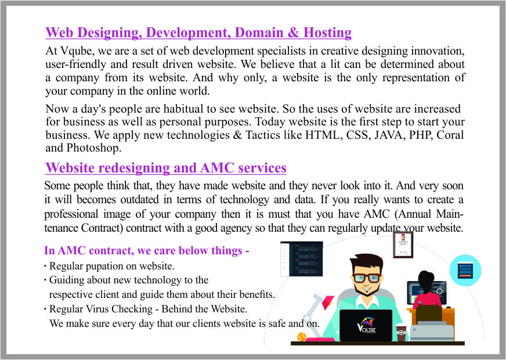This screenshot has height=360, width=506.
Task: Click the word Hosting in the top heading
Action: click(327, 33)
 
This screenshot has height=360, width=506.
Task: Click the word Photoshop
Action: click(93, 148)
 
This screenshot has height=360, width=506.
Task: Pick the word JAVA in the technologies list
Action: click(389, 135)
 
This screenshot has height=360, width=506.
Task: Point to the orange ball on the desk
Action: click(301, 336)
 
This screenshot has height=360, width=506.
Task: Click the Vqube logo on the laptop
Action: click(366, 325)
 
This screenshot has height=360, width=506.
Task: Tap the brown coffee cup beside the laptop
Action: click(401, 333)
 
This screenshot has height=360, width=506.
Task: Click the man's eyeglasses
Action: click(367, 278)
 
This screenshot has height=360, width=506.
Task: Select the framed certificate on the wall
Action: click(403, 244)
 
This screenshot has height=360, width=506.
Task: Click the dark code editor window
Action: click(301, 258)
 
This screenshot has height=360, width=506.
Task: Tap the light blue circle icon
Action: click(465, 271)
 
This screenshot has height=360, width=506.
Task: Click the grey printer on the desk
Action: click(432, 332)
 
